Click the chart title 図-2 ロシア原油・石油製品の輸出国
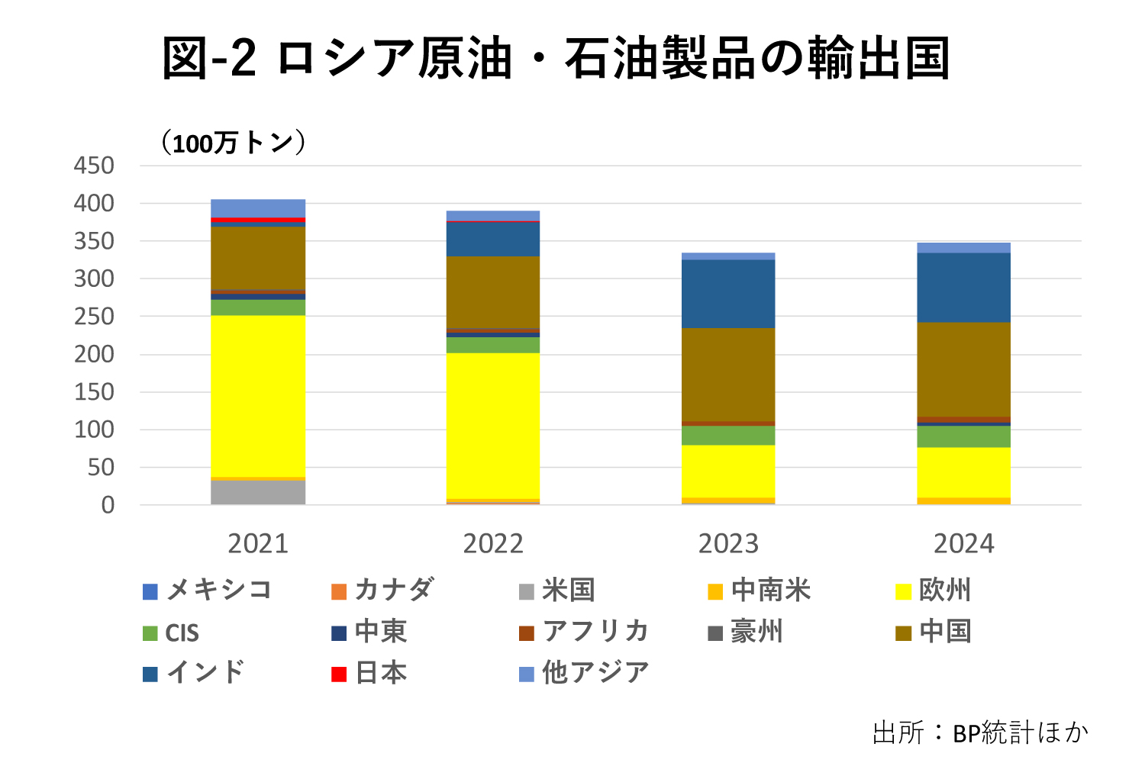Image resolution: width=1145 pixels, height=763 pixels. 556,59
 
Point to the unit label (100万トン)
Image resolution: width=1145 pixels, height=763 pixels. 233,143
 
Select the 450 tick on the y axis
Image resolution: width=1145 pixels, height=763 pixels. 94,166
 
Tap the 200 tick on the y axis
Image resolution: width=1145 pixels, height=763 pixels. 94,354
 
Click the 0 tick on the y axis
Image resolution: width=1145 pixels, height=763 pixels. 108,505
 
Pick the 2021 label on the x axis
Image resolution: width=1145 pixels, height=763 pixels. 258,544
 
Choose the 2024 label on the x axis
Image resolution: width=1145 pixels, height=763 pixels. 963,544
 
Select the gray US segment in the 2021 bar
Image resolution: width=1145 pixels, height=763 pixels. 258,492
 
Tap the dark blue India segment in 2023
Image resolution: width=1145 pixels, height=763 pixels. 728,294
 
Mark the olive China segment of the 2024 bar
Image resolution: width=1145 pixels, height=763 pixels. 963,369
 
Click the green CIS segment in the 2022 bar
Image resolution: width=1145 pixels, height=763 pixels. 493,345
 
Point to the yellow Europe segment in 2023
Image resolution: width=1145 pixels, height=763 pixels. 728,471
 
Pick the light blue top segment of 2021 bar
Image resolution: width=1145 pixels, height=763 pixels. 258,208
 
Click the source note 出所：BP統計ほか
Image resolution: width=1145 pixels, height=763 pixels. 980,732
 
